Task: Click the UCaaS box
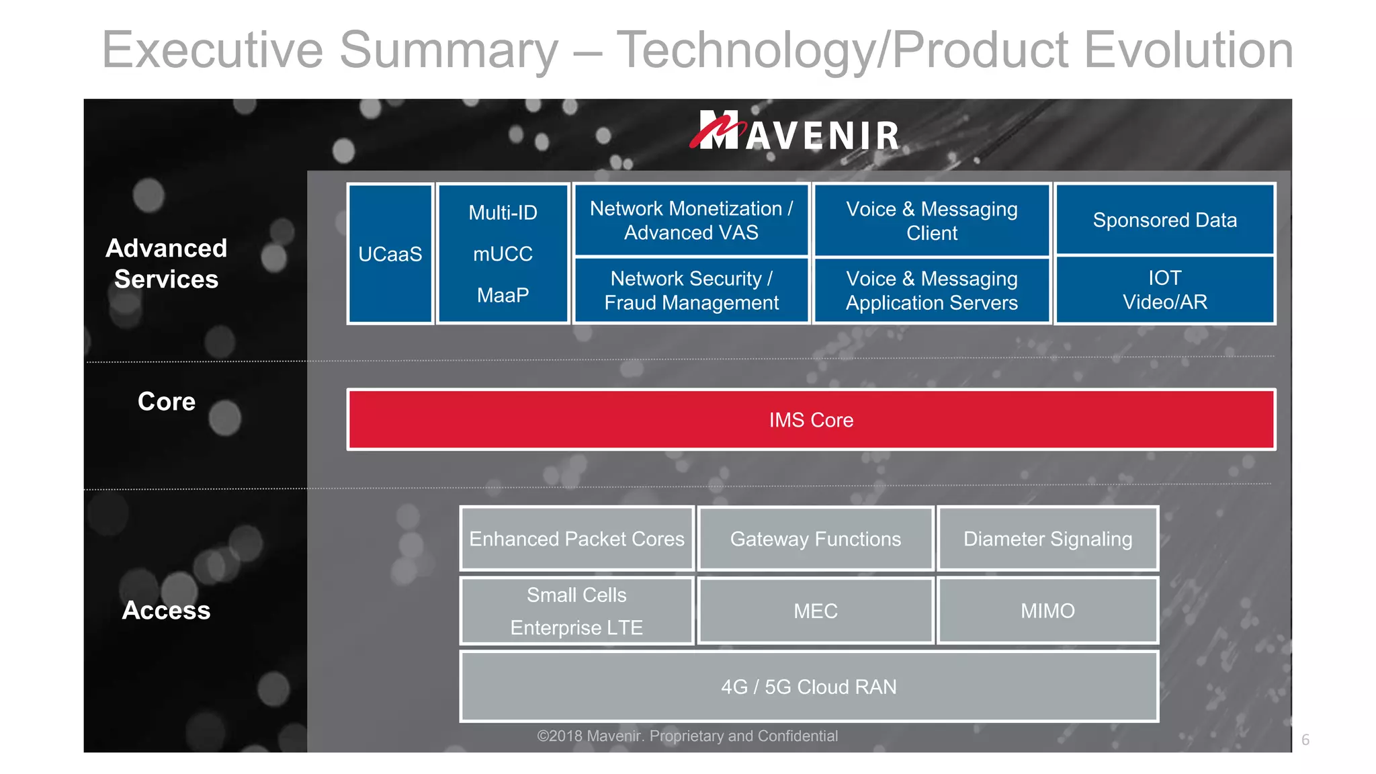390,254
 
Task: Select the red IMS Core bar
811,420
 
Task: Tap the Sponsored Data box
1164,220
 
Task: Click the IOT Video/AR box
1164,290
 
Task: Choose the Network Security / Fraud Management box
691,290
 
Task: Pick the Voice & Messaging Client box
931,220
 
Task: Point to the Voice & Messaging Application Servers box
931,290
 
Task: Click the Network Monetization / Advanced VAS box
691,220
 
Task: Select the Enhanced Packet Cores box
576,539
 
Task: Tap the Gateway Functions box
815,539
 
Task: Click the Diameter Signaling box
1047,539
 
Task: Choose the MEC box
815,611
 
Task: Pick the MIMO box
1047,611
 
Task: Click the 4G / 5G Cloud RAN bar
809,687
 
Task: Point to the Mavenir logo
795,131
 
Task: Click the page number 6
1305,740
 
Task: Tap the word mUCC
503,254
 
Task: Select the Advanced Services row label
167,263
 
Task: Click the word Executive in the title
212,50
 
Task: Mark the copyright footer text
687,736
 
